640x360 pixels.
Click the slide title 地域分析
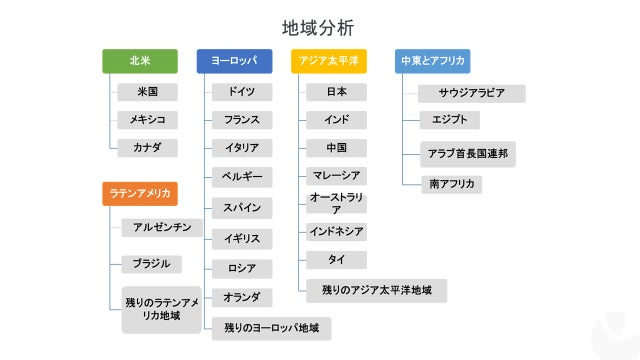[x=318, y=27]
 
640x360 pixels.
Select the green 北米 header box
[x=140, y=61]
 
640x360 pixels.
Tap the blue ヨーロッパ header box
[x=233, y=61]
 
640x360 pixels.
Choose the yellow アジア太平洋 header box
[x=328, y=61]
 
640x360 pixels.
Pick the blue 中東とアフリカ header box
[x=432, y=61]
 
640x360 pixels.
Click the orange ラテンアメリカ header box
[x=140, y=193]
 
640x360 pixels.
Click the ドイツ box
[x=241, y=92]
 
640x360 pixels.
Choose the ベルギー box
[x=241, y=176]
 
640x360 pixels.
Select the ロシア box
[x=241, y=268]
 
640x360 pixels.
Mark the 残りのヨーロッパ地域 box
[x=271, y=328]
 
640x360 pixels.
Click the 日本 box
[x=336, y=92]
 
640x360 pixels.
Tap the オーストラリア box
[x=336, y=204]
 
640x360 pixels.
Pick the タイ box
[x=336, y=260]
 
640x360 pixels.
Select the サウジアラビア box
[x=471, y=93]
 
